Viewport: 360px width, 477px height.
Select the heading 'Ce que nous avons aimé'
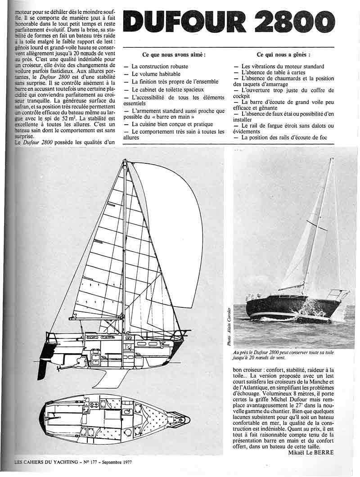[174, 54]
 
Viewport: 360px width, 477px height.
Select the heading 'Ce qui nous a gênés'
[283, 54]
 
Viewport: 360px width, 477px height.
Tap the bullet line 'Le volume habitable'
[156, 74]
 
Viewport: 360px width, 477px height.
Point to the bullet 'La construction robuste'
[160, 66]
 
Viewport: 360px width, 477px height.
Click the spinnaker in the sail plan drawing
[166, 225]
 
